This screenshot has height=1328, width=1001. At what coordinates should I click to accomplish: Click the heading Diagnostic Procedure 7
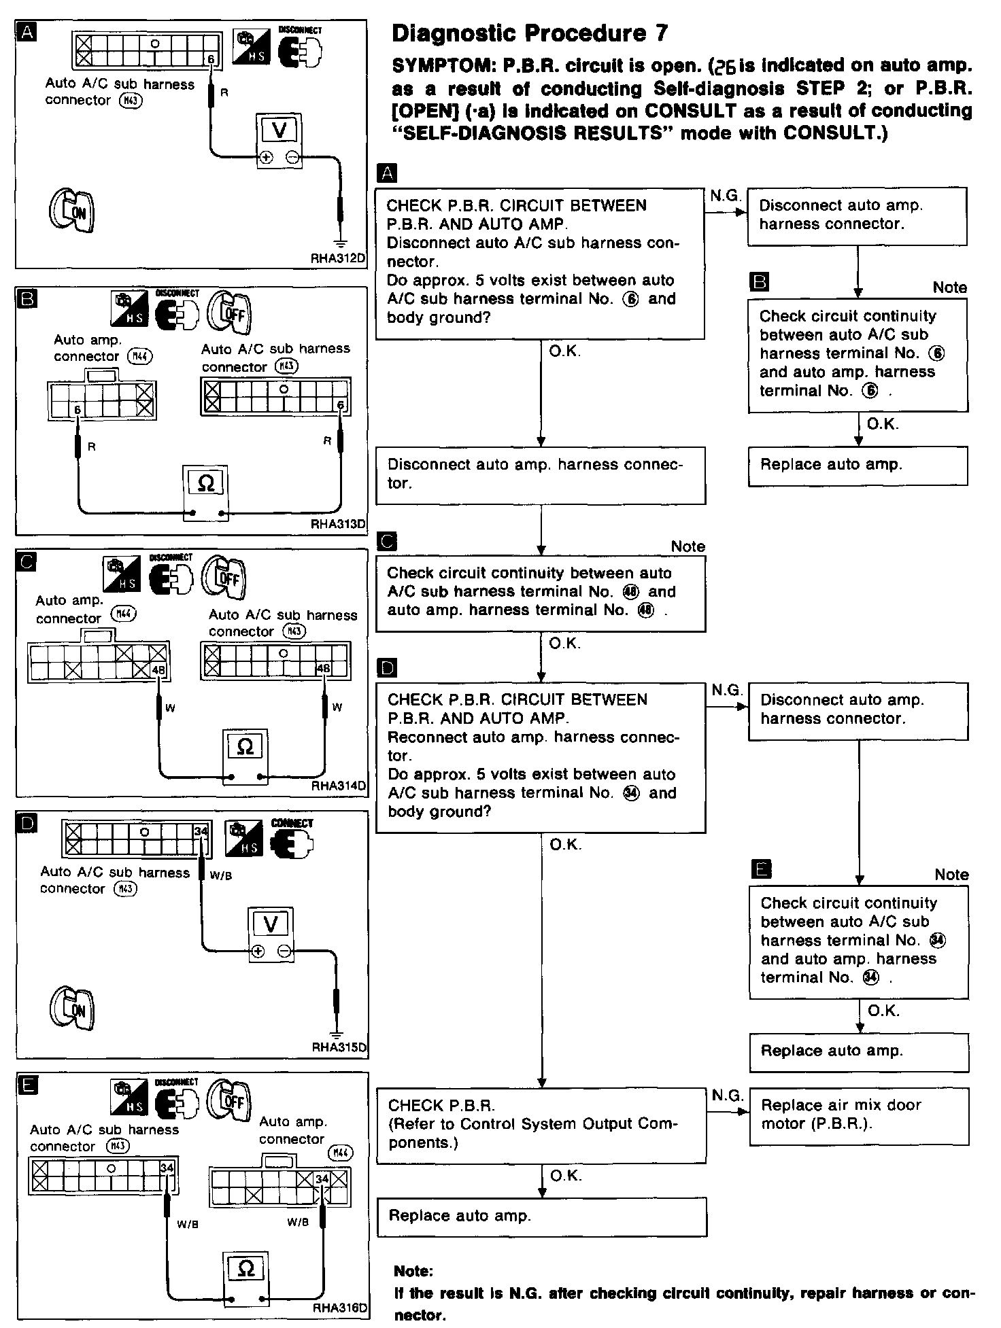[530, 34]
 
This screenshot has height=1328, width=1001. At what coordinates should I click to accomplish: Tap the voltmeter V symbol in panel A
[279, 130]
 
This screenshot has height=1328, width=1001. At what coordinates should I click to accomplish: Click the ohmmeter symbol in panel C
[245, 747]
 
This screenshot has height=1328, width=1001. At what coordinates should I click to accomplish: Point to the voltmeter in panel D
[271, 924]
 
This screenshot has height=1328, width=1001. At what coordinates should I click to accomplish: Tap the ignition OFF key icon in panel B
[229, 313]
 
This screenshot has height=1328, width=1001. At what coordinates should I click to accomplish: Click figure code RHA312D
[339, 258]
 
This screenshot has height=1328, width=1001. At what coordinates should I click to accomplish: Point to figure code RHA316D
[339, 1308]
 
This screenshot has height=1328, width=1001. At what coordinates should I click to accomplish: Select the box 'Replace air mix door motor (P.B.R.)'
[858, 1115]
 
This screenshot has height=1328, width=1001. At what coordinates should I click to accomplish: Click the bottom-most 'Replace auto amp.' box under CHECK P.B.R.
[541, 1216]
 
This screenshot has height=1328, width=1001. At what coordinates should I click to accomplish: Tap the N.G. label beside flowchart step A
[725, 196]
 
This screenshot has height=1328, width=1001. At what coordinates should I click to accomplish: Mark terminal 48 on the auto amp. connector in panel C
[159, 670]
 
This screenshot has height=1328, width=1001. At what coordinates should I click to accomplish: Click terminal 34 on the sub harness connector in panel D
[201, 831]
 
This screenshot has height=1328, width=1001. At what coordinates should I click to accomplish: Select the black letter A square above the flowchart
[387, 173]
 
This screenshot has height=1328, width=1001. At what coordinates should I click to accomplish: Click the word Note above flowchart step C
[688, 546]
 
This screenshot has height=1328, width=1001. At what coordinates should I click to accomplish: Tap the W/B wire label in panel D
[221, 876]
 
